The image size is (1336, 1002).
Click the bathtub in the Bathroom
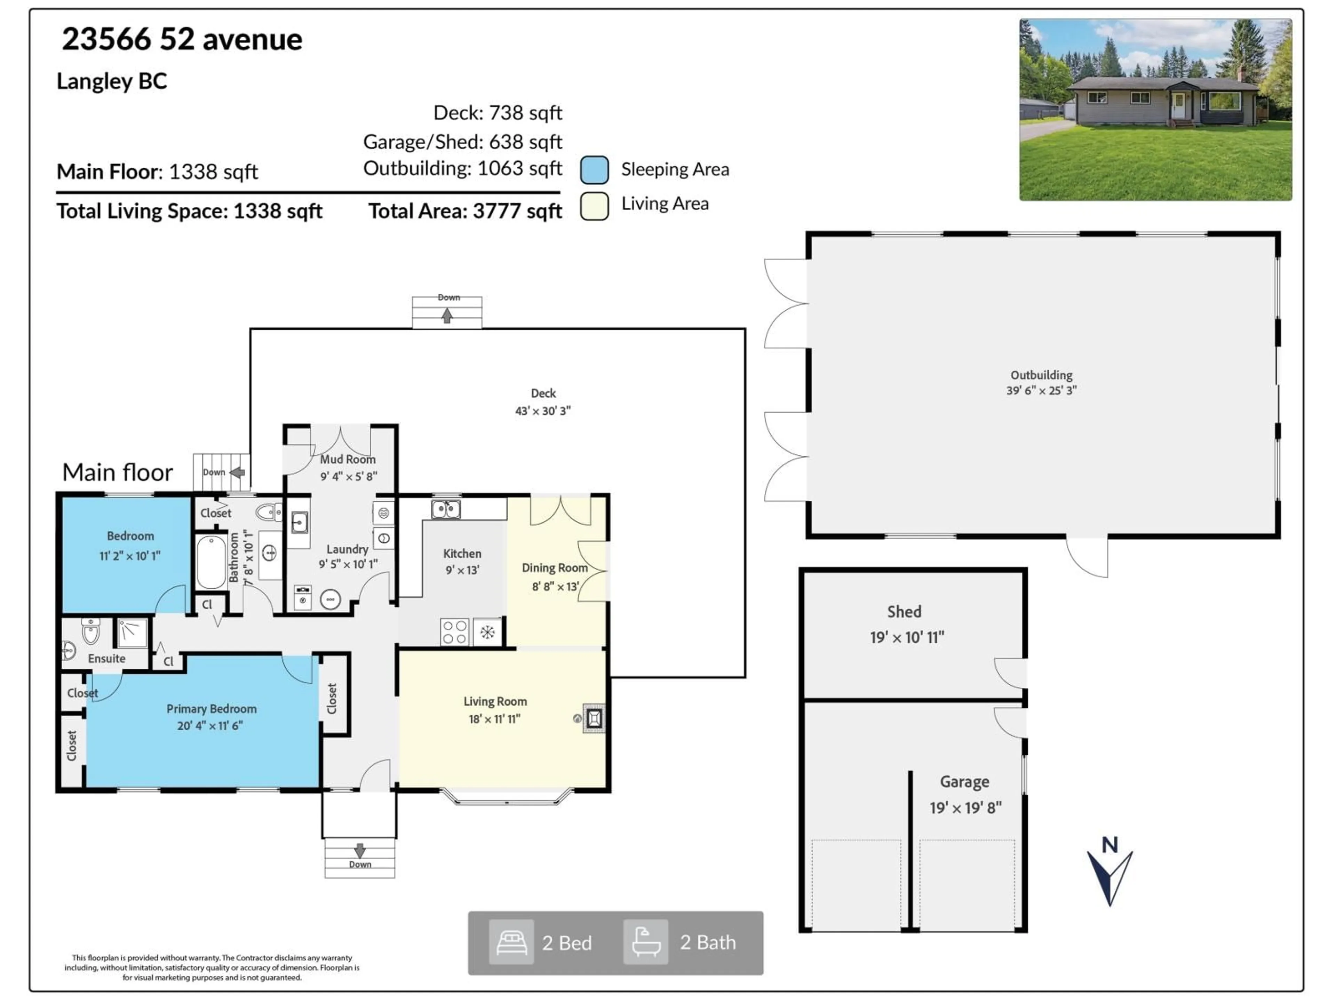point(211,561)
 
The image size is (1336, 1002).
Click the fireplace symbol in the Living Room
point(593,718)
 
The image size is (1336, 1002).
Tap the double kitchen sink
point(446,509)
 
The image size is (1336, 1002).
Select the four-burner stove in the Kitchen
point(454,632)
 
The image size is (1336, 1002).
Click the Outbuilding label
point(1041,375)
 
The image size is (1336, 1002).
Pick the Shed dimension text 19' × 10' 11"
point(907,637)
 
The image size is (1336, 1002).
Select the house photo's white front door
point(1178,106)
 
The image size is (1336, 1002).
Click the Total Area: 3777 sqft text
point(465,212)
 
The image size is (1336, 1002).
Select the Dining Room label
point(555,568)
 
